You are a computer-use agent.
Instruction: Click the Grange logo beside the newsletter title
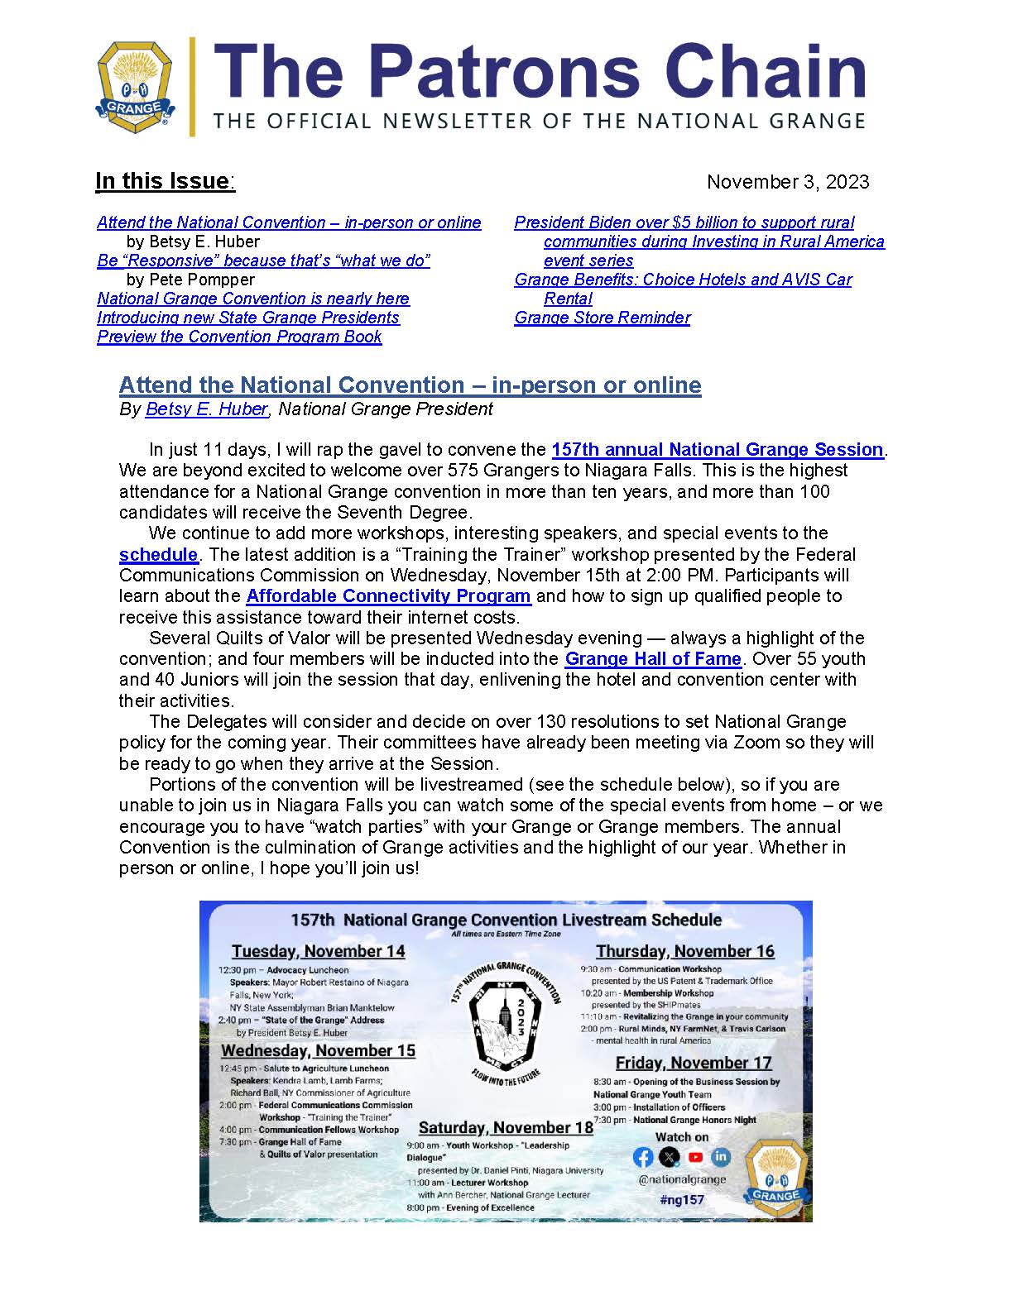[x=135, y=87]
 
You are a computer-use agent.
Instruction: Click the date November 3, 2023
[x=787, y=182]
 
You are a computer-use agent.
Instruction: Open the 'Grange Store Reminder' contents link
[x=602, y=318]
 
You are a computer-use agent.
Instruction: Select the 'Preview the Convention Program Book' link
[x=239, y=337]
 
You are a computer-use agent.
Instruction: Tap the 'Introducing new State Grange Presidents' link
[x=247, y=318]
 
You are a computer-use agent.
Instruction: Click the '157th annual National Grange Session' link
[x=718, y=449]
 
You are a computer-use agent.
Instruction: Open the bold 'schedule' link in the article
[x=158, y=554]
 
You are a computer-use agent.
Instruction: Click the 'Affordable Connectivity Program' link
[x=388, y=595]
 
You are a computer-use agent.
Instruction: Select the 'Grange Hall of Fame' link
[x=652, y=658]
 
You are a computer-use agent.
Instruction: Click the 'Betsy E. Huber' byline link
[x=206, y=409]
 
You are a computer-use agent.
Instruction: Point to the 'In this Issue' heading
[x=164, y=181]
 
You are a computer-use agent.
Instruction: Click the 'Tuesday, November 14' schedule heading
[x=318, y=951]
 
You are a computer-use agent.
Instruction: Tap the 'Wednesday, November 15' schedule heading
[x=318, y=1050]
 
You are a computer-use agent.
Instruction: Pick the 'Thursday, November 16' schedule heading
[x=685, y=951]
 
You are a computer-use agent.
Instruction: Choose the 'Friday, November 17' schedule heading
[x=694, y=1063]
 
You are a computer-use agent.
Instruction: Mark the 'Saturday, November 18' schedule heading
[x=506, y=1127]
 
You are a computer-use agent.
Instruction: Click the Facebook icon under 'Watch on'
[x=643, y=1157]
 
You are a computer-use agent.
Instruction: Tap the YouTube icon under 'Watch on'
[x=695, y=1157]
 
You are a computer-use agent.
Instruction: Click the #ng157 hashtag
[x=682, y=1199]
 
